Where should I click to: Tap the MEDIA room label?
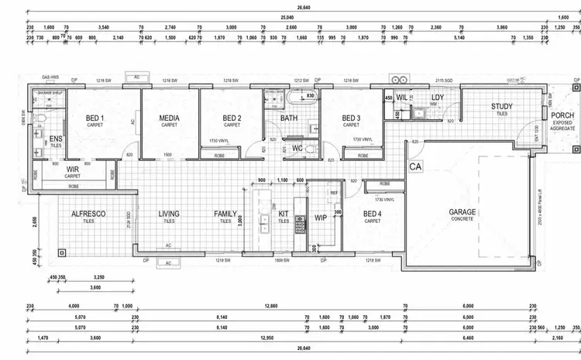[x=170, y=118]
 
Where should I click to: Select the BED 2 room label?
[x=231, y=118]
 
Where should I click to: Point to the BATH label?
[x=289, y=118]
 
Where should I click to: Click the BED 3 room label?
[x=350, y=118]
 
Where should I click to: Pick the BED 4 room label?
[x=372, y=214]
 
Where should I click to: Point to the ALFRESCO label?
[x=88, y=214]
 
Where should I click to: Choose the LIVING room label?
[x=169, y=214]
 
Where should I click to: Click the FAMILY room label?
[x=225, y=214]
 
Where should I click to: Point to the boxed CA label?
[x=414, y=166]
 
